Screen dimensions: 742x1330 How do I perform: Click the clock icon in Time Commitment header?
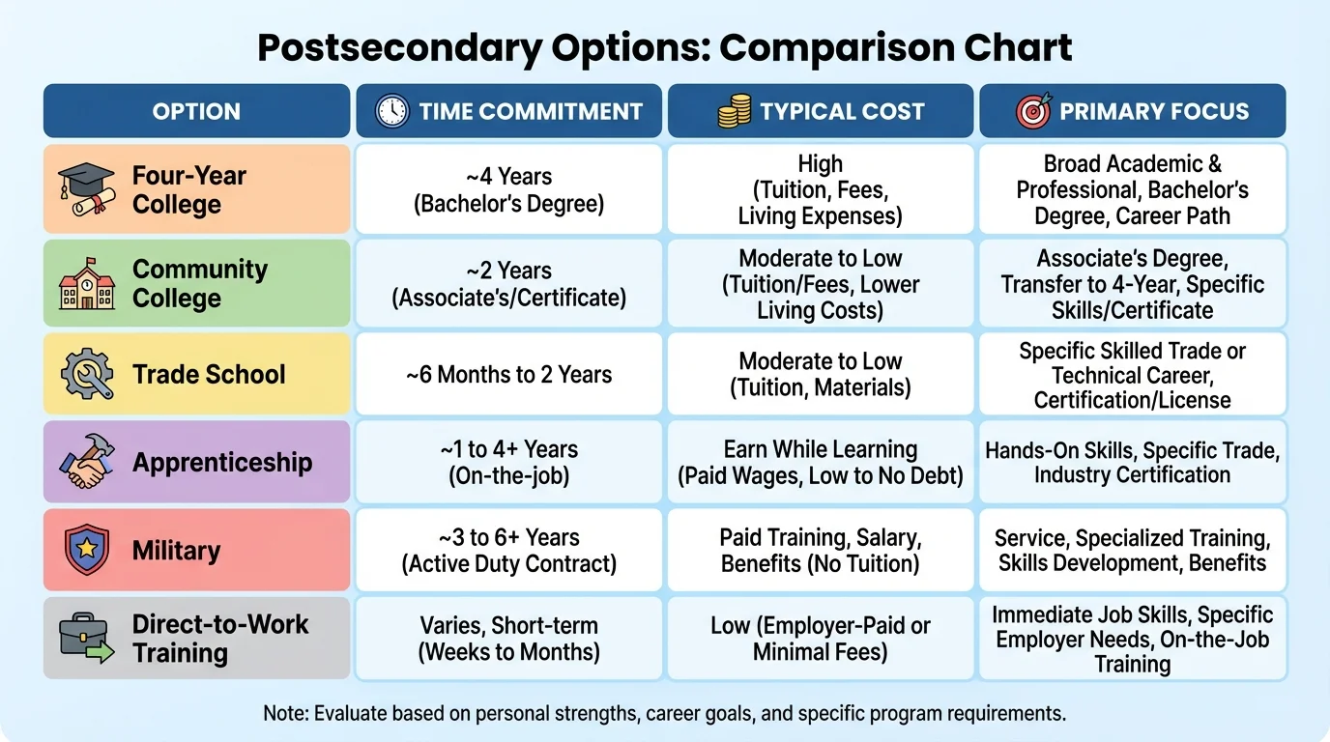[x=391, y=111]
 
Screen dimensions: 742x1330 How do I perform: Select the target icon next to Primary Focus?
[x=1033, y=111]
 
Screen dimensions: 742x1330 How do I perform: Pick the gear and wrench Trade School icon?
[x=86, y=375]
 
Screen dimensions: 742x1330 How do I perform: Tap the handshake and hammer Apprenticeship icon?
[x=86, y=462]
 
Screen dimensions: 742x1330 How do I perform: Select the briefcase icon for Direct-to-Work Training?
[x=86, y=638]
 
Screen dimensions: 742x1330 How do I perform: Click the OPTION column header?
[x=196, y=111]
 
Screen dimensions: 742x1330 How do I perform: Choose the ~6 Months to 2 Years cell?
[x=508, y=375]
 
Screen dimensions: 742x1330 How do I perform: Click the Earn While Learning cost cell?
[x=820, y=462]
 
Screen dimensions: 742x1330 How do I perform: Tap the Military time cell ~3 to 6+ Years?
[x=508, y=550]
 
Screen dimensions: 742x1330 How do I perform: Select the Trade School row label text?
[x=209, y=375]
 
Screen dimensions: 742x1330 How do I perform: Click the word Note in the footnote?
[x=282, y=714]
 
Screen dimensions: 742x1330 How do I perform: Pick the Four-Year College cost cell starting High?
[x=820, y=189]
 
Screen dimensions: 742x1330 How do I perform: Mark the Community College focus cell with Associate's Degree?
[x=1132, y=284]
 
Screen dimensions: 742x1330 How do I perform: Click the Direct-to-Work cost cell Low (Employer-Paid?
[x=820, y=639]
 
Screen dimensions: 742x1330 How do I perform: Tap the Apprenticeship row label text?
[x=222, y=462]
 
